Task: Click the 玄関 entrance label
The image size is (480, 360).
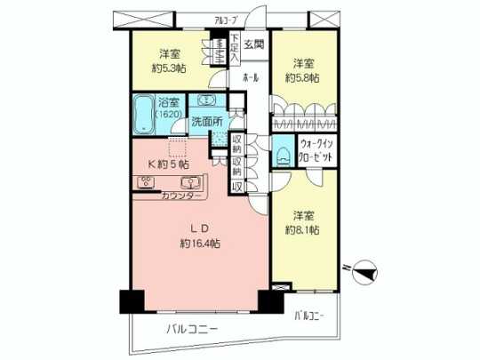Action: pos(253,44)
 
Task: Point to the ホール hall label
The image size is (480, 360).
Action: pos(252,78)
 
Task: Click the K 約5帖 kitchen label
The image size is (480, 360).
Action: pos(167,165)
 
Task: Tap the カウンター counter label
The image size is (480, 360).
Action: pos(181,194)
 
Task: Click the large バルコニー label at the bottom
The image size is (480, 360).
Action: pos(191,330)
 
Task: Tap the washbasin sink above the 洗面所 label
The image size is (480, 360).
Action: pos(206,100)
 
